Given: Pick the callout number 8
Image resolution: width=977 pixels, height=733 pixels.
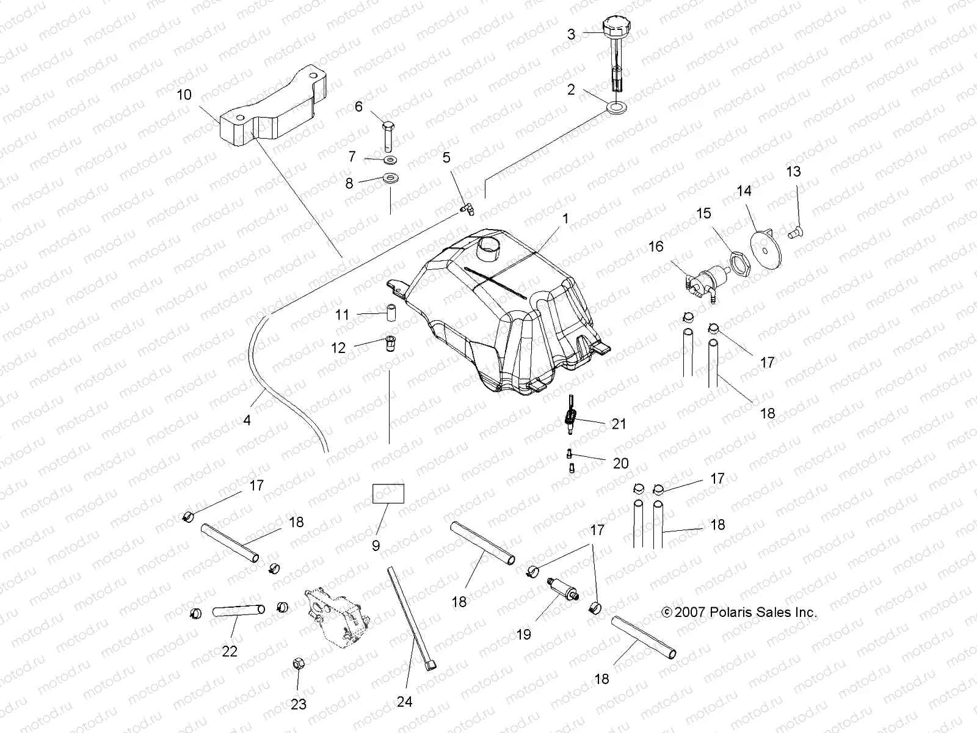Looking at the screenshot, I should click(x=349, y=183).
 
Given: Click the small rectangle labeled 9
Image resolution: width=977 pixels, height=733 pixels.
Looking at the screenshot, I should click(x=388, y=493).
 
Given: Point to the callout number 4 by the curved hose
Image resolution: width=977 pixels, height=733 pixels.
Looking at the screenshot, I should click(x=247, y=420).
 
